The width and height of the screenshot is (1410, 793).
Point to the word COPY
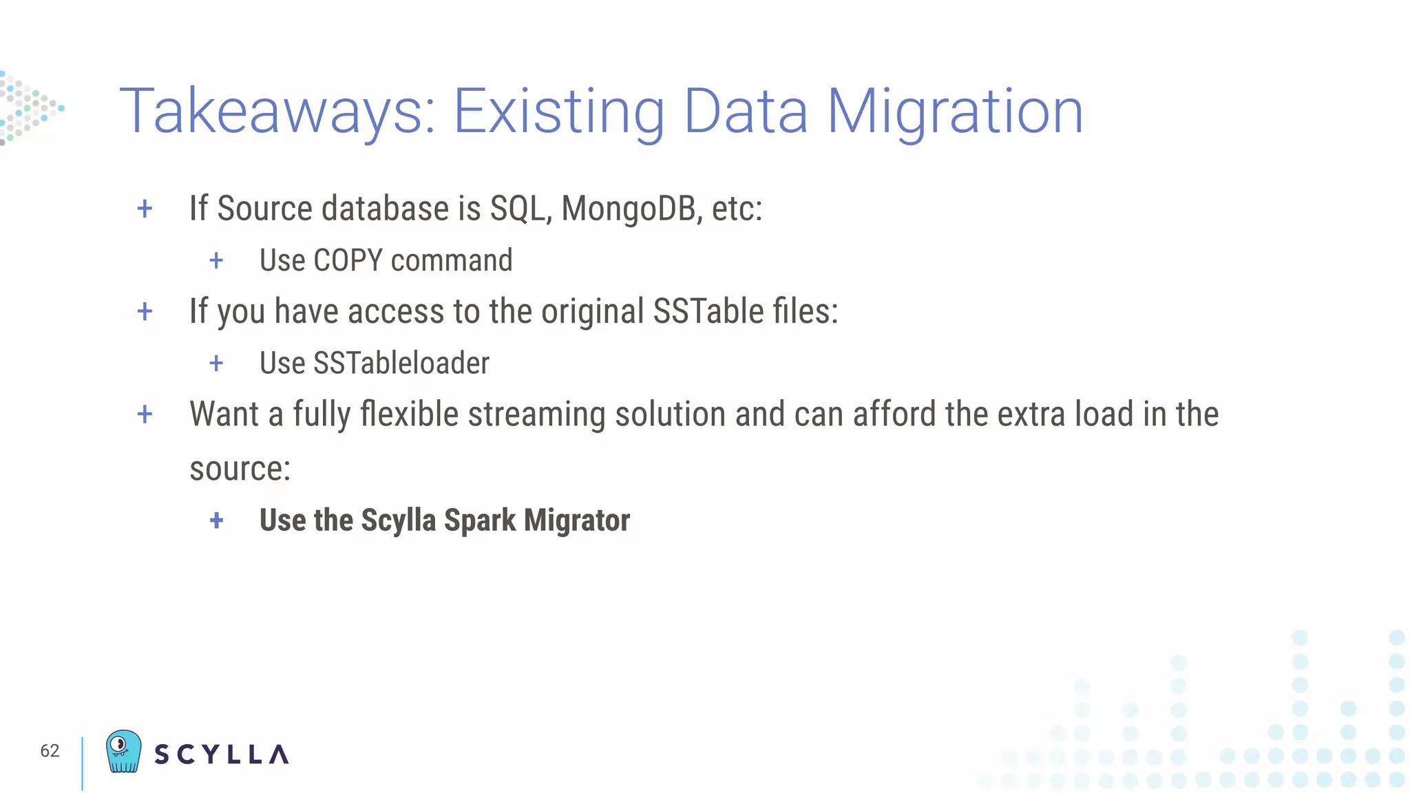click(x=348, y=260)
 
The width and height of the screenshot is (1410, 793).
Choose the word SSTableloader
click(x=401, y=363)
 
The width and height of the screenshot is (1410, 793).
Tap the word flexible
click(x=410, y=414)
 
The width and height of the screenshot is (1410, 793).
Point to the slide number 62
click(x=50, y=751)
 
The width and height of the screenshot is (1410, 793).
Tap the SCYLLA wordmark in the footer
click(x=221, y=754)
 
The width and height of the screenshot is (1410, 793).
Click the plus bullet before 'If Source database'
click(x=145, y=208)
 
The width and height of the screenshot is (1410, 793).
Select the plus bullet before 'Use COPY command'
click(x=216, y=260)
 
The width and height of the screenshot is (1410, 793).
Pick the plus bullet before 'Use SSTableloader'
click(x=216, y=363)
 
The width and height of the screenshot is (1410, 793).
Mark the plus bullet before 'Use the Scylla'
click(x=216, y=520)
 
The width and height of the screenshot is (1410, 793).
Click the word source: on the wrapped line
click(x=240, y=469)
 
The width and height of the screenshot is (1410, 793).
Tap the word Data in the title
click(x=746, y=112)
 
